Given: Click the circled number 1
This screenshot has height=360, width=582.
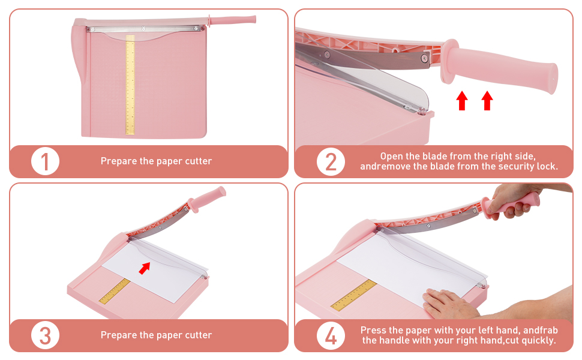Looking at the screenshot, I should point(45,161).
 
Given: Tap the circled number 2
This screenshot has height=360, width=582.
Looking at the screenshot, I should point(331,161).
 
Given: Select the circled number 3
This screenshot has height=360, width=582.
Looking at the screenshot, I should point(45,335).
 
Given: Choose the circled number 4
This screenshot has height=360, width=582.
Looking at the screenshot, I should point(331,335).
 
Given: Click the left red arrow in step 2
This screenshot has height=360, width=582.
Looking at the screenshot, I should point(461,100).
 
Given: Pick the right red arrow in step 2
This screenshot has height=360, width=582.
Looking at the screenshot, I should point(487,100).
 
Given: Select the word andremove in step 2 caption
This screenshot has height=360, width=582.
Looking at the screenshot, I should point(385,166).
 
